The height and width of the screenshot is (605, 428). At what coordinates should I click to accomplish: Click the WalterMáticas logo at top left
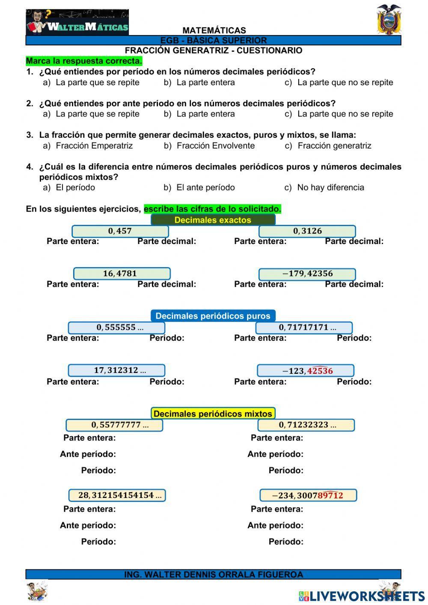[77, 23]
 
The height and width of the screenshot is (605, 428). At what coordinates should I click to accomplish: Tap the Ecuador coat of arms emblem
[389, 20]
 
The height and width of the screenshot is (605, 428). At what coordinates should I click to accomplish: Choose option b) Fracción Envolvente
[209, 146]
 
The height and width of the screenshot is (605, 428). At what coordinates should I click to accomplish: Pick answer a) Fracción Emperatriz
[88, 146]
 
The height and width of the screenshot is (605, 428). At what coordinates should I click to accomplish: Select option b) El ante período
[199, 188]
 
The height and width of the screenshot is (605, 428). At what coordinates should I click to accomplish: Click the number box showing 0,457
[120, 231]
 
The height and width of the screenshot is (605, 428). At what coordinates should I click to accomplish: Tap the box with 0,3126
[307, 231]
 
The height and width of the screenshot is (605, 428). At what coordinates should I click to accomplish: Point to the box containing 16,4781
[122, 274]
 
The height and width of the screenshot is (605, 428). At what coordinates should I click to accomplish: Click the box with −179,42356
[307, 274]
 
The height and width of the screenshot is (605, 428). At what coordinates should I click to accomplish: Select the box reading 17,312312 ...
[116, 370]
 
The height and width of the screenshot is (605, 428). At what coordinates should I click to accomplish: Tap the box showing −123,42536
[306, 371]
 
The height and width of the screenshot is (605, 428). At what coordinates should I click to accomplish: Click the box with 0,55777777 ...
[115, 425]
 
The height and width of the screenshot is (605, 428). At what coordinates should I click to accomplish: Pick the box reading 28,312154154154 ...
[117, 495]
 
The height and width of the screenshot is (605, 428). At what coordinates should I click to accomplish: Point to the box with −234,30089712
[308, 495]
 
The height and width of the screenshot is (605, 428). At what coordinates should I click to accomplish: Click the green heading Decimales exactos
[213, 220]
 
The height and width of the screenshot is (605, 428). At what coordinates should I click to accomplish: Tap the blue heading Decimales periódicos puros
[213, 316]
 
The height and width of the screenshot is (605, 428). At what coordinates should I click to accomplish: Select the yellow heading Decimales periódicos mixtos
[213, 414]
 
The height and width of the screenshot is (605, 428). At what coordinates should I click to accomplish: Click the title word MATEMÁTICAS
[214, 30]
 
